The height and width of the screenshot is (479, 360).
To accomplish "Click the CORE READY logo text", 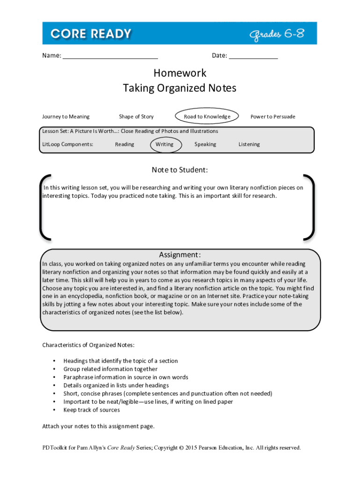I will coord(91,34).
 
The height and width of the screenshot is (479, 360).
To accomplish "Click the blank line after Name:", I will coord(110,57).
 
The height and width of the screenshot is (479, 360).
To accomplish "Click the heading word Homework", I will coord(180,73).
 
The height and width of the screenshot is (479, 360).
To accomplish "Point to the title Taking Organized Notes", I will coord(180,88).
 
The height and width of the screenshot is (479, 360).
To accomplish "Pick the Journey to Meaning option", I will coord(66,116).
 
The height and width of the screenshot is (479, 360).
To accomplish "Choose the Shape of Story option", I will coord(136,116).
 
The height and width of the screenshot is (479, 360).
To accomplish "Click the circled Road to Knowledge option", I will coord(207,116).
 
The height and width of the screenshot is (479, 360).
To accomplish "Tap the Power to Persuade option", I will coord(273,116).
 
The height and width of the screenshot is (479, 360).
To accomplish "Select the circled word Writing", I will coord(164,145).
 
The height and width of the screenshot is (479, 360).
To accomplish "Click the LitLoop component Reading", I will coord(124,145).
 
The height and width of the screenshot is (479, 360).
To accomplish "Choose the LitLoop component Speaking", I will coord(205,145).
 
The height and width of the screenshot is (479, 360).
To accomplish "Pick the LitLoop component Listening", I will coord(249,145).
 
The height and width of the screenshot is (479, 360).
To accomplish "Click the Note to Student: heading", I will coord(180,170).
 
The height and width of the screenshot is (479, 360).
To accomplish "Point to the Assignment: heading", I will coord(180,255).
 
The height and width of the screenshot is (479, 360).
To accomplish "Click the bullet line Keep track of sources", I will coord(92,410).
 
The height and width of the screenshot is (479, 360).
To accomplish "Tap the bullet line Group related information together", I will coord(110,369).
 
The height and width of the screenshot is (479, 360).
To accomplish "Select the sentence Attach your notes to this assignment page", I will coord(98,426).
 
